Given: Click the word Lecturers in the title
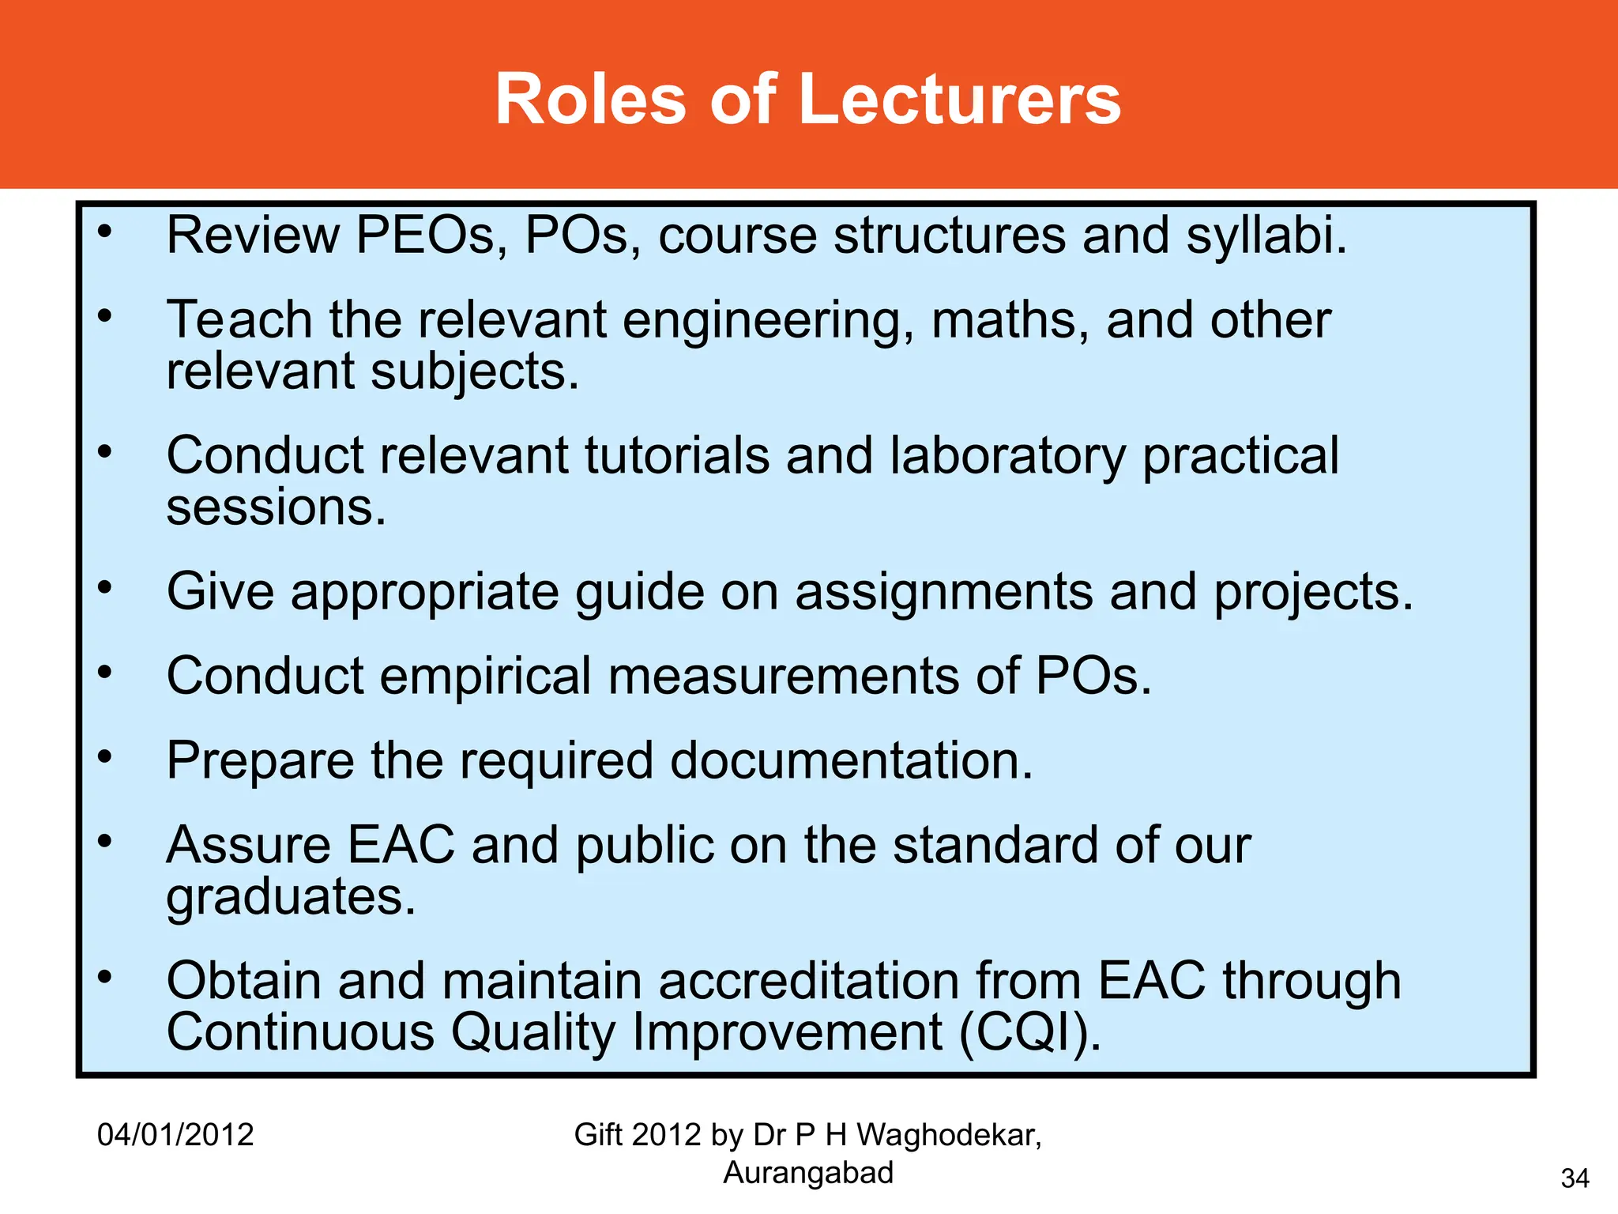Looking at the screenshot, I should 959,100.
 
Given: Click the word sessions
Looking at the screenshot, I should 276,507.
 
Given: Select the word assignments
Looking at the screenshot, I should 943,592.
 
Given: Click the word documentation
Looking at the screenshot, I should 851,761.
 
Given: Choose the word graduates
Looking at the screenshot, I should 290,897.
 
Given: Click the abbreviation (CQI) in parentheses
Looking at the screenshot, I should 1030,1033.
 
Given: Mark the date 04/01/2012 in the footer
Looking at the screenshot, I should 175,1135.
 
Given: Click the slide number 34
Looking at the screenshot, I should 1575,1179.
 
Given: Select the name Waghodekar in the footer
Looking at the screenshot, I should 948,1135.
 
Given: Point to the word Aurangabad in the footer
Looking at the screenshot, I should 808,1173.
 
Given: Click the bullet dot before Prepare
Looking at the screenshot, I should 105,757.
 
